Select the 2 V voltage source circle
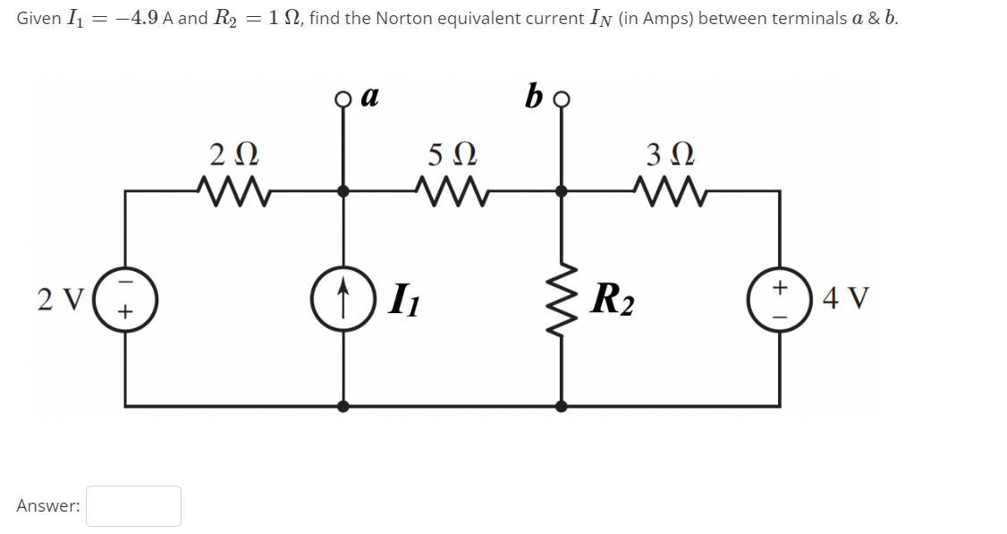point(125,297)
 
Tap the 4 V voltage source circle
point(779,297)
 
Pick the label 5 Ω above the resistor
point(450,154)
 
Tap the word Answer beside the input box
point(48,505)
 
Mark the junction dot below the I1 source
point(343,405)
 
